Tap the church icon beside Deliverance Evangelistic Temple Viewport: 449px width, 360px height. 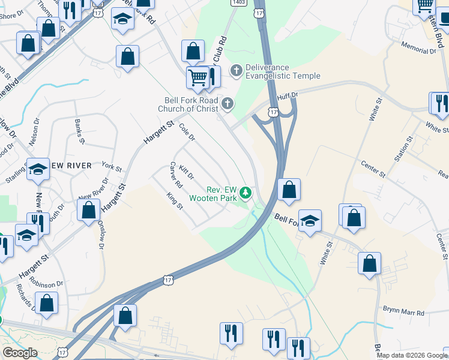pos(236,71)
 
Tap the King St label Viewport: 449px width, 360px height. pos(175,200)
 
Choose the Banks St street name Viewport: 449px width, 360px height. pos(79,131)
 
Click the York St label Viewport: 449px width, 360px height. pos(112,166)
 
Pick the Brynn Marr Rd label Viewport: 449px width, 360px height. pos(404,313)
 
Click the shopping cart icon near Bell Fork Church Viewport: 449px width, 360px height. pos(197,77)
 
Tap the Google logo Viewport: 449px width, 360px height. pos(19,353)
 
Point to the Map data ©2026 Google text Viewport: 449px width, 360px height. pos(412,355)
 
